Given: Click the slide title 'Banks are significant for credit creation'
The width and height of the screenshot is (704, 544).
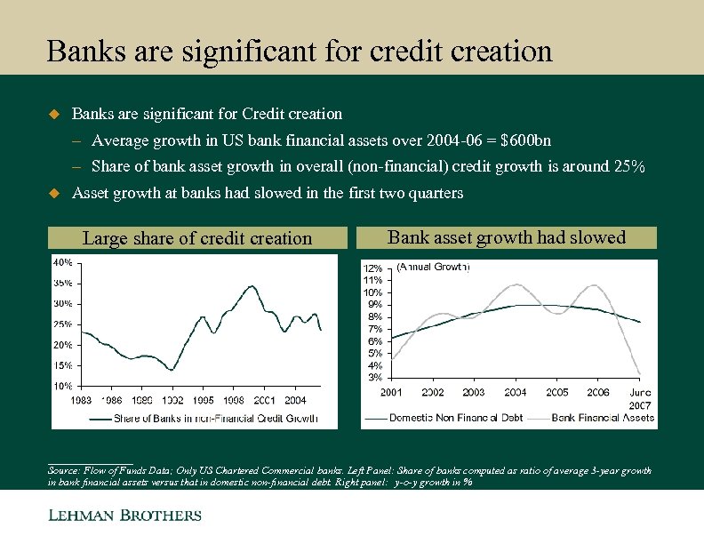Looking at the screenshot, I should click(x=300, y=51).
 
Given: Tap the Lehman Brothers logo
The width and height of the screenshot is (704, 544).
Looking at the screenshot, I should click(x=124, y=515).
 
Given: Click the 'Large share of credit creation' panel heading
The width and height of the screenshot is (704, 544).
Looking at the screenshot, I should click(x=197, y=238).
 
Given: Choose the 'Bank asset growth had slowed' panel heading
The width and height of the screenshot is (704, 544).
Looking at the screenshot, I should click(x=507, y=237).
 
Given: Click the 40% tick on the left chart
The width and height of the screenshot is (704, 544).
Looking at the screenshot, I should click(x=62, y=262).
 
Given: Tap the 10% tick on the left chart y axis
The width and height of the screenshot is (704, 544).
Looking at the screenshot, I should click(x=62, y=387).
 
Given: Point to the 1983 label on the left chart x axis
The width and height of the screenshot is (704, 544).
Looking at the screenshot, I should click(x=81, y=401).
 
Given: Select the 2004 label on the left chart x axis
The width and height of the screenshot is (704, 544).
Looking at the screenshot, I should click(x=294, y=401).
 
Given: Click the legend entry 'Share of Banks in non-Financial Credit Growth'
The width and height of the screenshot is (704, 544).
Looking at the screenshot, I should click(x=215, y=419).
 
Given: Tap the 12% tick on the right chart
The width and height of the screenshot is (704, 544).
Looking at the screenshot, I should click(x=372, y=268).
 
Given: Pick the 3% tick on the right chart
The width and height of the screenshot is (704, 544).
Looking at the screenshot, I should click(x=375, y=378).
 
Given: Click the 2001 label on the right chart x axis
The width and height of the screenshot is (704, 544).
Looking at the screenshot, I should click(x=392, y=392).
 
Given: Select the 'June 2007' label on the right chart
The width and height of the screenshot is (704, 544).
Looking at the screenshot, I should click(x=639, y=398).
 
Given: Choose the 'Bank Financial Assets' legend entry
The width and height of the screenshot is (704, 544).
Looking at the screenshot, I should click(x=603, y=418).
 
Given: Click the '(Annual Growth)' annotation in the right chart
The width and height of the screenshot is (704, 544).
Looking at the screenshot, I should click(x=433, y=266).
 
